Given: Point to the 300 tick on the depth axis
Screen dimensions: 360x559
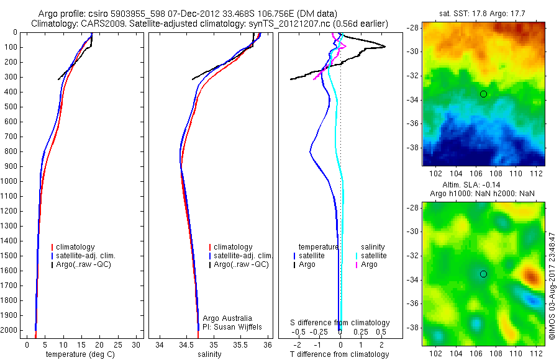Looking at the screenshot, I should tap(11, 77).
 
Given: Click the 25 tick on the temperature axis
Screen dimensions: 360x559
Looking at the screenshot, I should tap(117, 344).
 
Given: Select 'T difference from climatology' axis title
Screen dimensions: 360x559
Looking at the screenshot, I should tap(340, 354).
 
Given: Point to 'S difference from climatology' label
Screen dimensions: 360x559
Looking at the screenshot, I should tap(340, 323).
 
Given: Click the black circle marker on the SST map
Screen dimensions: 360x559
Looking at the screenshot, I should tap(483, 94).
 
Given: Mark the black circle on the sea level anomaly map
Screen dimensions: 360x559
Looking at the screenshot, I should tap(483, 274).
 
